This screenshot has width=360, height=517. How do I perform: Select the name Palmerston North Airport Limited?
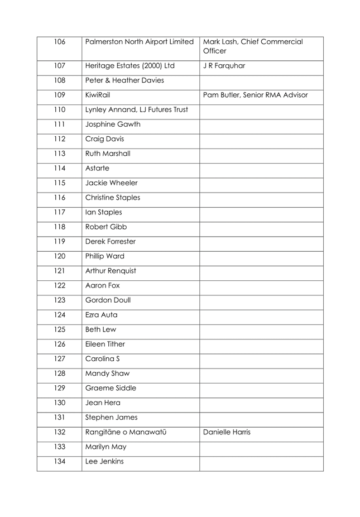click(x=139, y=41)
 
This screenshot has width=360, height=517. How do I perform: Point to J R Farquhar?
click(x=224, y=66)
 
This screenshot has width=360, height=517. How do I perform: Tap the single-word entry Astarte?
click(x=99, y=168)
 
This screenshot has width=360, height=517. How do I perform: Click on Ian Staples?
click(x=103, y=212)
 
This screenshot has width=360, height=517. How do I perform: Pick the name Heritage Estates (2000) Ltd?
click(x=129, y=66)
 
